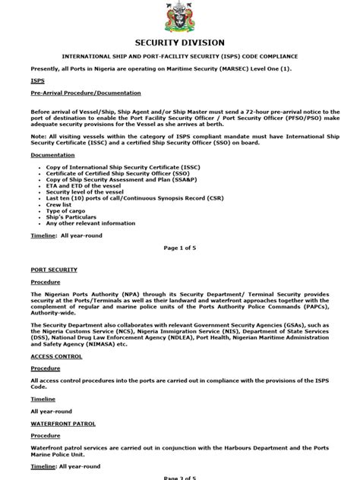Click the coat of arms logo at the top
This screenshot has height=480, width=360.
click(179, 16)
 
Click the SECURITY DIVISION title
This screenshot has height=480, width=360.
click(179, 43)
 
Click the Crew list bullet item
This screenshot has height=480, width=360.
click(60, 204)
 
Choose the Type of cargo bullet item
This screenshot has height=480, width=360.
click(67, 210)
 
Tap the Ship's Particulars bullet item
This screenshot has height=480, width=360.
click(72, 217)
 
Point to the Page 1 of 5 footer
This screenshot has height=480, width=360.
click(179, 248)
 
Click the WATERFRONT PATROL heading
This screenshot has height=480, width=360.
click(64, 423)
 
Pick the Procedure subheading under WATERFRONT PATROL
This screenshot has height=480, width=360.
click(46, 436)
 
